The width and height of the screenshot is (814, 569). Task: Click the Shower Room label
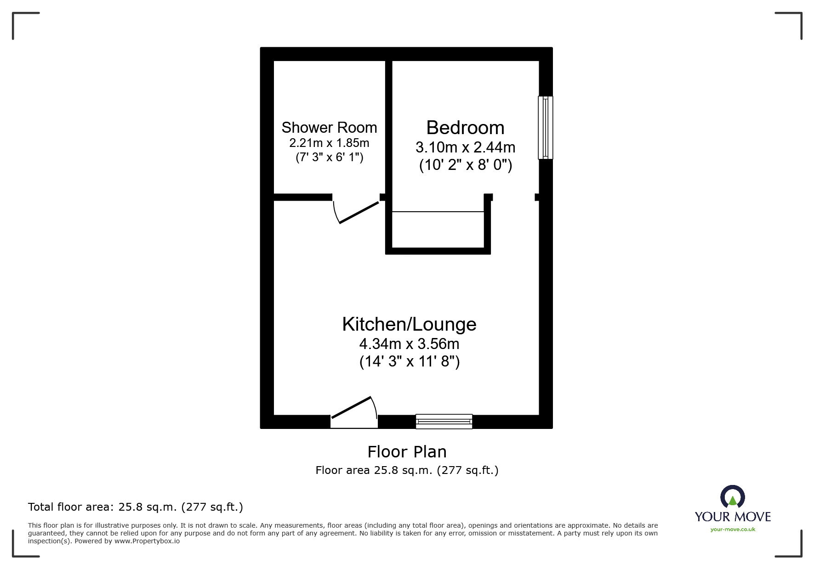pyautogui.click(x=329, y=127)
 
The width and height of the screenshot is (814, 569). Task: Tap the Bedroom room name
pyautogui.click(x=465, y=127)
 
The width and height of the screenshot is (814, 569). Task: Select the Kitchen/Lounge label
pyautogui.click(x=409, y=324)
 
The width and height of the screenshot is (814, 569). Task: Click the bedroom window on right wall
pyautogui.click(x=546, y=127)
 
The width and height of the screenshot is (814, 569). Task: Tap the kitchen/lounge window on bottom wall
pyautogui.click(x=444, y=421)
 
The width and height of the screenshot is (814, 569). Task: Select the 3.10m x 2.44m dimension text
pyautogui.click(x=465, y=147)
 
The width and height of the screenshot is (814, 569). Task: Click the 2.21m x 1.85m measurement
pyautogui.click(x=329, y=143)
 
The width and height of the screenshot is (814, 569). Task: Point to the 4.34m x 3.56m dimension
pyautogui.click(x=409, y=344)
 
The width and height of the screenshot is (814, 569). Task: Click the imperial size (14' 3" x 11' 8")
pyautogui.click(x=409, y=361)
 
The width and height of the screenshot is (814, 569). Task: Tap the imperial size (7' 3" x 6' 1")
pyautogui.click(x=329, y=158)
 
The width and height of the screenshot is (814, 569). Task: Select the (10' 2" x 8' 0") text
pyautogui.click(x=465, y=164)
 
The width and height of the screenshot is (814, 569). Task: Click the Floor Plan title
pyautogui.click(x=407, y=452)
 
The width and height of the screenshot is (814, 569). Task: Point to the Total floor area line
pyautogui.click(x=136, y=507)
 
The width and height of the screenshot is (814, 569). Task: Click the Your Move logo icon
pyautogui.click(x=732, y=497)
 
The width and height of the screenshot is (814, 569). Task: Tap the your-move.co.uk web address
pyautogui.click(x=733, y=530)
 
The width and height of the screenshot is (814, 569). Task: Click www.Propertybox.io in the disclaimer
pyautogui.click(x=147, y=541)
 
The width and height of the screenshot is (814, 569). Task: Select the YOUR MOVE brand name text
pyautogui.click(x=733, y=517)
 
